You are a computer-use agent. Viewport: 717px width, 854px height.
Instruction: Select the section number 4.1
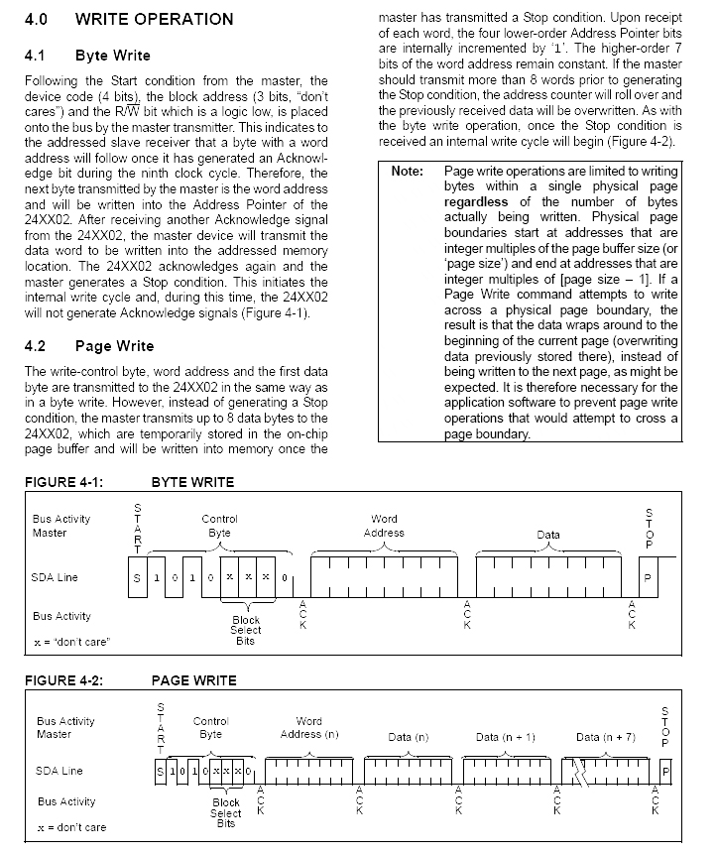37,56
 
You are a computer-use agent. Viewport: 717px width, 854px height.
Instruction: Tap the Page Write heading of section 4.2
114,346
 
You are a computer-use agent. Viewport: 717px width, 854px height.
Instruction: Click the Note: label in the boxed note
407,172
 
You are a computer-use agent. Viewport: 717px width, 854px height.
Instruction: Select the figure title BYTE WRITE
192,483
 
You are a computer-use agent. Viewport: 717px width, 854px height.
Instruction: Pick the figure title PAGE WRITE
193,680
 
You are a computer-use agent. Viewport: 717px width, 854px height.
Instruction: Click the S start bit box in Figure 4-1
136,577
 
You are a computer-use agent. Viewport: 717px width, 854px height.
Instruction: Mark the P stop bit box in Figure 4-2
664,771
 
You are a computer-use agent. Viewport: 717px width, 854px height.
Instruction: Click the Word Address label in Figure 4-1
384,526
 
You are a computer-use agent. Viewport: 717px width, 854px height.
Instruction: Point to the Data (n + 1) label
506,737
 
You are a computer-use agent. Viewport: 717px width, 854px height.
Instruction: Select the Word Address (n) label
309,728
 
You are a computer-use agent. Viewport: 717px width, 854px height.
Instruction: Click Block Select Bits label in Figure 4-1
245,630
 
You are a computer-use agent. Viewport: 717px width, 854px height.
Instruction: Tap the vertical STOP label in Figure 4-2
664,726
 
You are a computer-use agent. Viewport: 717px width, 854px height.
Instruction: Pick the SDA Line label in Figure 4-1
56,577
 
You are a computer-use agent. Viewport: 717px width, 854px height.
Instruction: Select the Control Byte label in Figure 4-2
211,728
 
